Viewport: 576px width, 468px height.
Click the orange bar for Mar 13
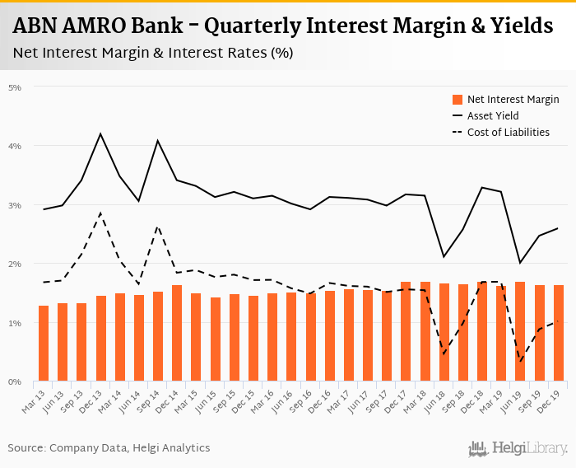pyautogui.click(x=44, y=344)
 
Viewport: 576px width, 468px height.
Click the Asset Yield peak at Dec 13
pyautogui.click(x=100, y=133)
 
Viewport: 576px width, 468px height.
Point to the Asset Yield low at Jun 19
pyautogui.click(x=521, y=263)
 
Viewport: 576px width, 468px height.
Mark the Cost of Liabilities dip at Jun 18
pyautogui.click(x=444, y=355)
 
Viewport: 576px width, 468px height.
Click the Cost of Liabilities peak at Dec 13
pyautogui.click(x=100, y=213)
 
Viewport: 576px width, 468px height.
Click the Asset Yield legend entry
pyautogui.click(x=493, y=115)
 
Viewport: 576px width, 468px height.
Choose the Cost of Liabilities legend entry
pyautogui.click(x=508, y=132)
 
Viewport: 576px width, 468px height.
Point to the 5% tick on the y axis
pyautogui.click(x=15, y=87)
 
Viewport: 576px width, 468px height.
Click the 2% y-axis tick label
pyautogui.click(x=15, y=264)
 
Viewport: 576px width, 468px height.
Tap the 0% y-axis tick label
pyautogui.click(x=15, y=382)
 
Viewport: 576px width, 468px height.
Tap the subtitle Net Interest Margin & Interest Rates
pyautogui.click(x=153, y=53)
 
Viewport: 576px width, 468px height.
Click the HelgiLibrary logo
pyautogui.click(x=518, y=448)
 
